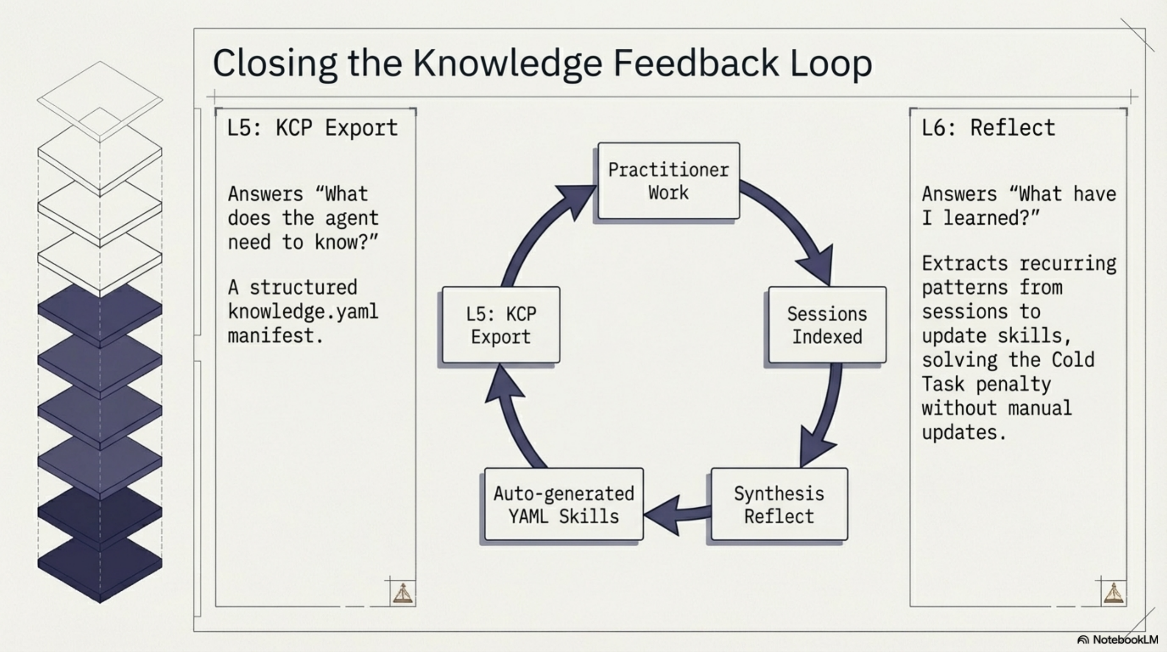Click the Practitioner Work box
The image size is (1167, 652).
click(669, 181)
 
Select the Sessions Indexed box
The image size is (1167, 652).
click(827, 325)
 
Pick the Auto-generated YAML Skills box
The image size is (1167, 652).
click(564, 504)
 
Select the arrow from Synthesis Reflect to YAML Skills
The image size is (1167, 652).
click(677, 514)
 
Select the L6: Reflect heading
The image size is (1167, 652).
click(988, 128)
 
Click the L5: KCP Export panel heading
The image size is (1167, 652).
click(312, 128)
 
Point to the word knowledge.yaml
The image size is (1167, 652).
click(303, 312)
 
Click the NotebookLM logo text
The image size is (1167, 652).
click(1125, 640)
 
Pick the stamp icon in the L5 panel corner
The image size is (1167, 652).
click(403, 593)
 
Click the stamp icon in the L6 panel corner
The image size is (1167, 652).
click(1114, 593)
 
